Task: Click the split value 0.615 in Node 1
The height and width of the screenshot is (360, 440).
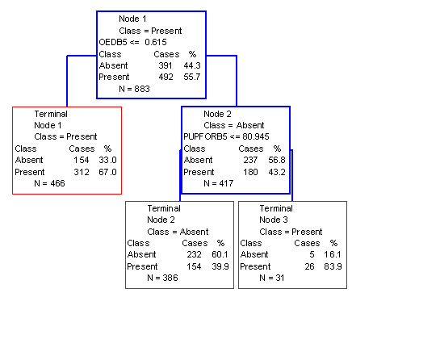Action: pos(156,42)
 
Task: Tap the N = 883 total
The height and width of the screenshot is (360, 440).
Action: pos(134,89)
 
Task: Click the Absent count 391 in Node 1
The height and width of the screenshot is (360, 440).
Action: pos(166,65)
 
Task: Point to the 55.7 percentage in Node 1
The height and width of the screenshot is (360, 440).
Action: pos(192,77)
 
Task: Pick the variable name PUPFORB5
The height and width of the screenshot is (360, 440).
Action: pos(205,136)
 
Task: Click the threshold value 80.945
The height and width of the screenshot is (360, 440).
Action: pos(256,136)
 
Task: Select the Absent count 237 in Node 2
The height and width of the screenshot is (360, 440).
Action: pos(250,160)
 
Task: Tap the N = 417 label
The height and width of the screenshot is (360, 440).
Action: pos(218,183)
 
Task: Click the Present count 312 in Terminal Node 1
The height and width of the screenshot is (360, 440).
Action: pos(82,172)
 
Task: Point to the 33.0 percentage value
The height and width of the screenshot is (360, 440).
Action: pos(107,160)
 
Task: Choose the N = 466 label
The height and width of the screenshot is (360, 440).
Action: pos(49,183)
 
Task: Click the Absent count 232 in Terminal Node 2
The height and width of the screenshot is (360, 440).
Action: pos(195,254)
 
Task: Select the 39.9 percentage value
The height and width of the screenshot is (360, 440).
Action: pos(220,266)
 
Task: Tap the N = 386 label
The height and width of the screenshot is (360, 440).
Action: pos(162,278)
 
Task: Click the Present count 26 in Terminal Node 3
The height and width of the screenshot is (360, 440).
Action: pos(309,266)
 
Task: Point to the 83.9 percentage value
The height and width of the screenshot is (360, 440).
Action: pos(333,266)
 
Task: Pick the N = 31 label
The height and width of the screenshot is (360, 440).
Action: pos(271,278)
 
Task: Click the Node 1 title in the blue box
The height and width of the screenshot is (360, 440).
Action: pos(132,19)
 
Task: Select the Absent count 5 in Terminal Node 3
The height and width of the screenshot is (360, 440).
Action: pos(312,254)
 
